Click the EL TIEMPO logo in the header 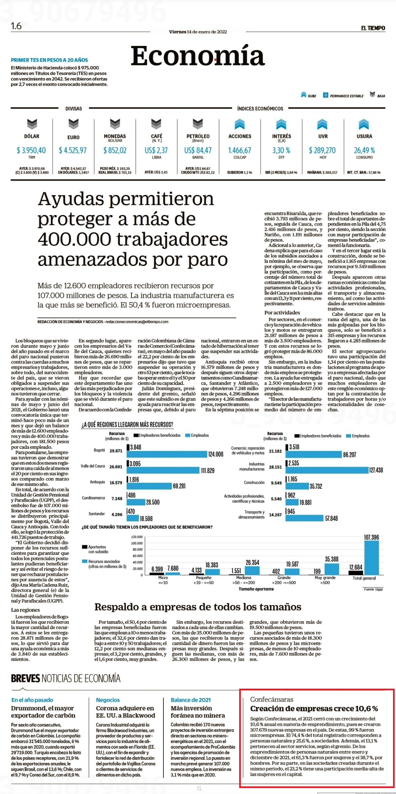pyautogui.click(x=373, y=28)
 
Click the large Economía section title pyautogui.click(x=198, y=55)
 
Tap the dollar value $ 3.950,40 pyautogui.click(x=31, y=150)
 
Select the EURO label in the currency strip pyautogui.click(x=73, y=137)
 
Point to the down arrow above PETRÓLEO pyautogui.click(x=198, y=124)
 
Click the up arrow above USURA pyautogui.click(x=364, y=124)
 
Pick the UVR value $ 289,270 pyautogui.click(x=322, y=150)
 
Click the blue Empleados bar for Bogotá pyautogui.click(x=167, y=454)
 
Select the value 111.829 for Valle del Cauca pyautogui.click(x=208, y=471)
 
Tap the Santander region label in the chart pyautogui.click(x=97, y=514)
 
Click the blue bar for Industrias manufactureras pyautogui.click(x=327, y=470)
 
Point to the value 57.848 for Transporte pyautogui.click(x=331, y=518)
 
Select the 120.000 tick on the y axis pyautogui.click(x=137, y=537)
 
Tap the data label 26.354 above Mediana pyautogui.click(x=252, y=562)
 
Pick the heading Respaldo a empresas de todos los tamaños pyautogui.click(x=198, y=607)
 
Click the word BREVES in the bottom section pyautogui.click(x=25, y=678)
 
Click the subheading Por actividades pyautogui.click(x=282, y=312)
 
